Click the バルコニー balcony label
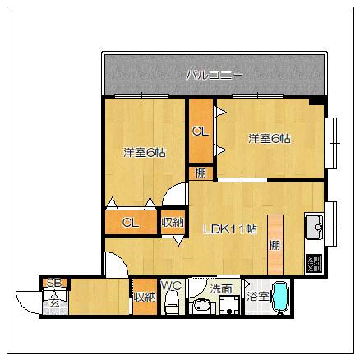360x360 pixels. (x=215, y=75)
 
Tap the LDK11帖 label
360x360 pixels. (x=230, y=229)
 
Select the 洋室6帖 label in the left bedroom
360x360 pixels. (x=145, y=153)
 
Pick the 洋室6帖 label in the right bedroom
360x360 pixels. (x=270, y=139)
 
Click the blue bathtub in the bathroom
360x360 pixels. (x=280, y=298)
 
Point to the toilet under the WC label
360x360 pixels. (x=172, y=302)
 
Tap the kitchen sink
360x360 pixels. (x=314, y=227)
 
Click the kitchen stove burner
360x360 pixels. (x=314, y=264)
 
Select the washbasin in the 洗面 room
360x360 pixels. (x=203, y=306)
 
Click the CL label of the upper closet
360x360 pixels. (x=201, y=132)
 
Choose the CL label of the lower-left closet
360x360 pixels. (x=131, y=223)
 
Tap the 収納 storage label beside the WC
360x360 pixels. (x=145, y=297)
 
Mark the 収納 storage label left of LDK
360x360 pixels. (x=173, y=222)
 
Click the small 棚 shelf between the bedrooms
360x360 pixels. (x=201, y=173)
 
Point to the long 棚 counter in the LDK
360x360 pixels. (x=275, y=244)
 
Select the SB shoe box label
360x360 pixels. (x=54, y=283)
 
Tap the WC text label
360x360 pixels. (x=171, y=286)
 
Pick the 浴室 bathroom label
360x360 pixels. (x=257, y=296)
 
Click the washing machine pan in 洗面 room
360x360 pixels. (x=229, y=305)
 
